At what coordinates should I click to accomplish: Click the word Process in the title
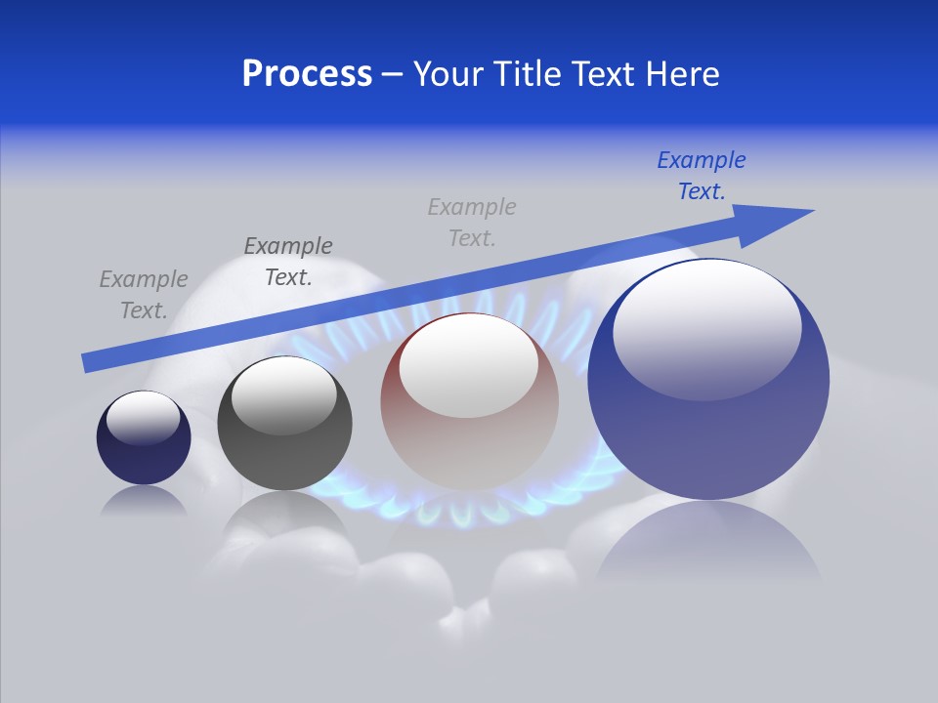click(x=307, y=74)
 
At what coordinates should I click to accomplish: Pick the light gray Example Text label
click(x=472, y=222)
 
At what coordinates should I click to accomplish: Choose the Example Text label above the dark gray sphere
click(x=288, y=261)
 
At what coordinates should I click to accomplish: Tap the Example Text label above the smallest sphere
click(x=144, y=294)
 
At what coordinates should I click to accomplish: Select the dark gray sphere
click(x=284, y=459)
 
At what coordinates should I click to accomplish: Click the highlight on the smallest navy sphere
click(x=143, y=418)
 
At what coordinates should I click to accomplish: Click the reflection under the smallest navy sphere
click(x=144, y=502)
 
